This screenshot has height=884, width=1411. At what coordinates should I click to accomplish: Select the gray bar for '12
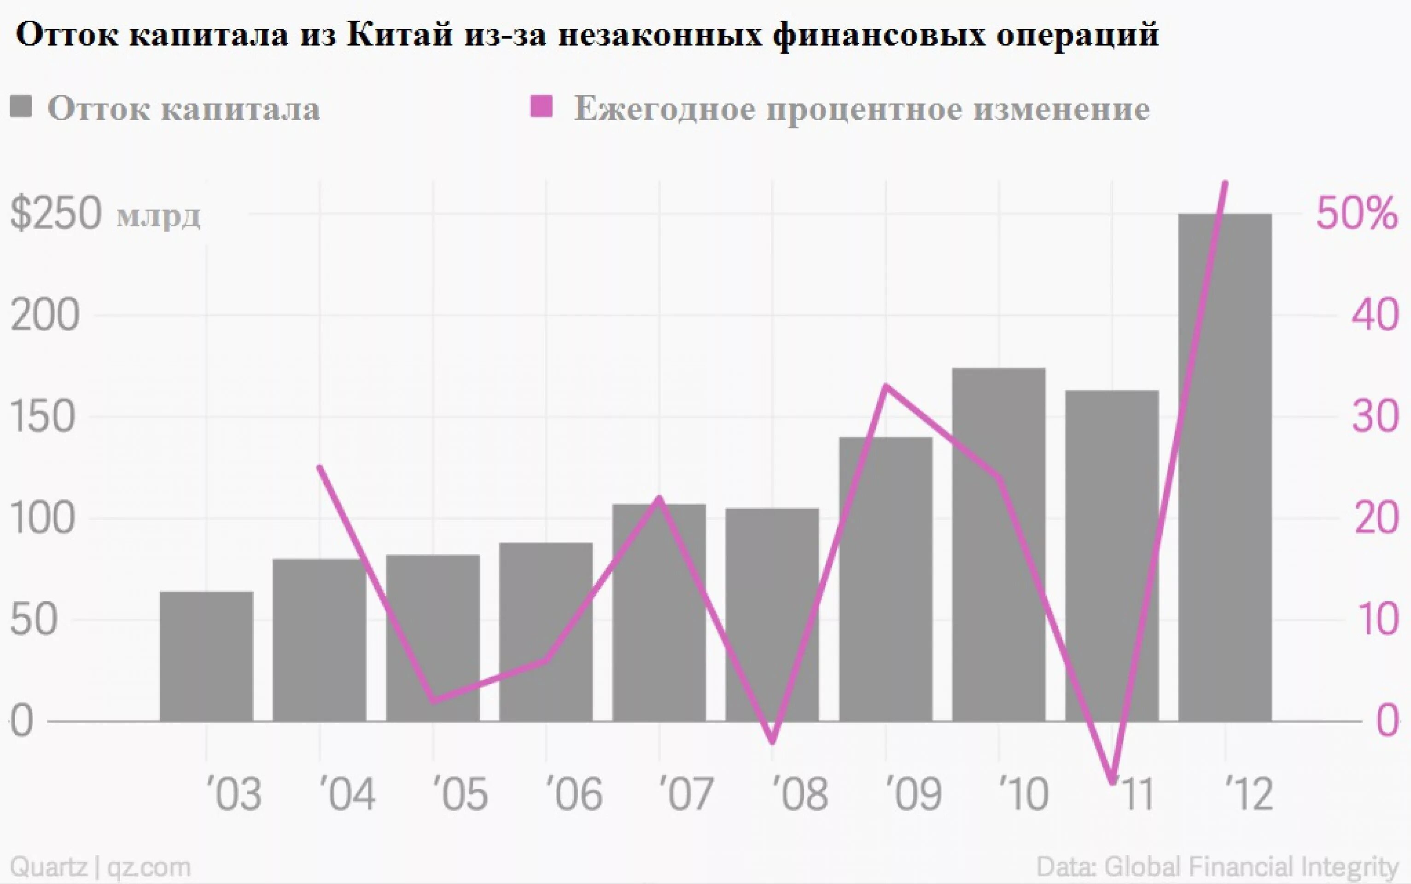click(1224, 468)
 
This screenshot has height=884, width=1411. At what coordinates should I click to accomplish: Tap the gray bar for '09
click(885, 579)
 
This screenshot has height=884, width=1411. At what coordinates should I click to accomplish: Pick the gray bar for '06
click(546, 631)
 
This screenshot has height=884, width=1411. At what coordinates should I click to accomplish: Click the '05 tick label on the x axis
click(460, 794)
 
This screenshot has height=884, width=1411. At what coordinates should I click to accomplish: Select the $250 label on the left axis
click(56, 214)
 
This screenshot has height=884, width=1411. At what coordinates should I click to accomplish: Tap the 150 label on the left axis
click(43, 418)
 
